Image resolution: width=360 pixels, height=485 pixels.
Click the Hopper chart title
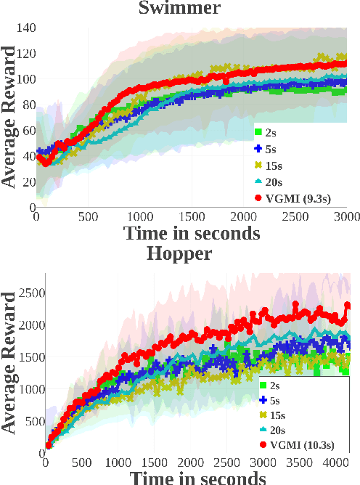pos(179,253)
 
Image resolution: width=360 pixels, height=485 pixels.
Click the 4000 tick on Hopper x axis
pos(335,462)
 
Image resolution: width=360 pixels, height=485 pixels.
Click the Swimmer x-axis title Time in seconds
pos(192,233)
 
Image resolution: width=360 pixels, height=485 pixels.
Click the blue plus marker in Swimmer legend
pos(258,149)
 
